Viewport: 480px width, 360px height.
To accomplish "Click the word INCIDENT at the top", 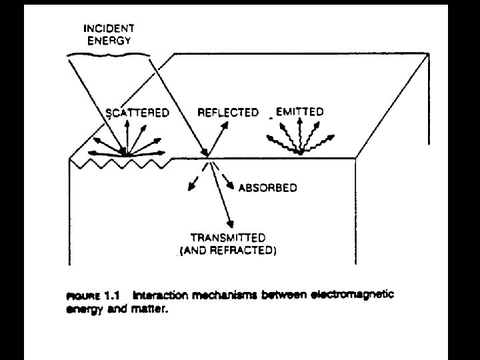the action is tap(109, 29).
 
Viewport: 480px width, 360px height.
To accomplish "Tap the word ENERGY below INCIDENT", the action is tap(109, 41).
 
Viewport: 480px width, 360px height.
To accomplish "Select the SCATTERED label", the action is tap(137, 113).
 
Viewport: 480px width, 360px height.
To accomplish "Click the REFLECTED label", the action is tap(227, 113).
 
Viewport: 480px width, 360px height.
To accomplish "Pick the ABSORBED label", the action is tap(267, 187).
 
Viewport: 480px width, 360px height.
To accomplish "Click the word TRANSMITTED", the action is tap(228, 238).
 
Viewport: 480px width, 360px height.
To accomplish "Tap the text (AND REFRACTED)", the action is tap(228, 251).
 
